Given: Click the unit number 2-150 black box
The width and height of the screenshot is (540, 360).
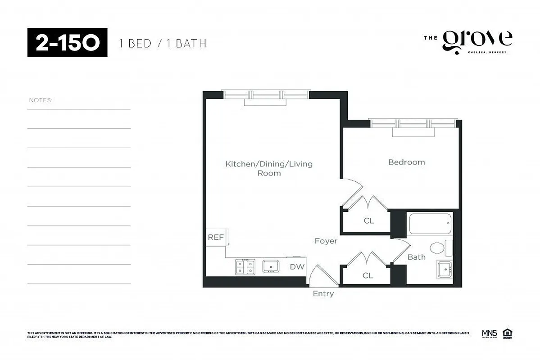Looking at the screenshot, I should [67, 42].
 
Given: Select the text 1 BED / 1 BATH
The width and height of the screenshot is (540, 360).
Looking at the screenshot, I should [163, 44].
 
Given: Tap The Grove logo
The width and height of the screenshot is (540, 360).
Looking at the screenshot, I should [468, 42].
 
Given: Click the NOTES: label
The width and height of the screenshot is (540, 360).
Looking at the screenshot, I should [41, 100].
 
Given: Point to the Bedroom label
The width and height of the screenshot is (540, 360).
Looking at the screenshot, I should [406, 162].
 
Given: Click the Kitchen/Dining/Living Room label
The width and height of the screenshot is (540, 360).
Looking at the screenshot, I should [269, 168].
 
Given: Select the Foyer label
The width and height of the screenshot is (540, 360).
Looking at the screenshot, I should [326, 241].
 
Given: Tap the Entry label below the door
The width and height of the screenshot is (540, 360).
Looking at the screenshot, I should [323, 294].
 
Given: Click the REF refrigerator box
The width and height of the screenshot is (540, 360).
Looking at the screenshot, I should [216, 237].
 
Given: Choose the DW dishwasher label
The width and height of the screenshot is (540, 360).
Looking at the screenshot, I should [297, 267].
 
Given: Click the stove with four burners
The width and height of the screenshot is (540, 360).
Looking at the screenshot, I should [245, 267].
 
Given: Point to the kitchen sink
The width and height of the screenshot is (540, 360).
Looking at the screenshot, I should [271, 267].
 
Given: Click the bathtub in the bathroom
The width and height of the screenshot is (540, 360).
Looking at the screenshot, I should [430, 223].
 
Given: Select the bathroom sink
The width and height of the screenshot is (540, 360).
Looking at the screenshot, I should [445, 270].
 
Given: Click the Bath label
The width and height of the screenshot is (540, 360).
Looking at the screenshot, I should [416, 257].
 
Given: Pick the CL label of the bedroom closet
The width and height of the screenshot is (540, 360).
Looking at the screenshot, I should [369, 221].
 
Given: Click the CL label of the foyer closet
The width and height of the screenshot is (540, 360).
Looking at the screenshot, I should [368, 275].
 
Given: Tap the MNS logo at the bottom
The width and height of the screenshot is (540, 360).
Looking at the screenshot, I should [489, 333].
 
